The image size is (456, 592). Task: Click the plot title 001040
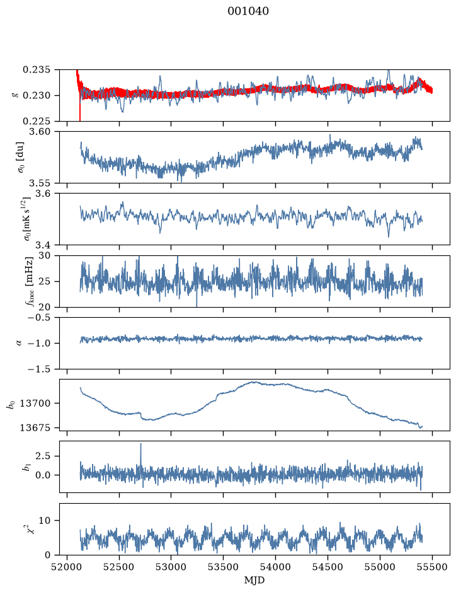[x=248, y=11]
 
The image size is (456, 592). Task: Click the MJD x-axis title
[x=254, y=580]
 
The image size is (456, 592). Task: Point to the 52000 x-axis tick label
[x=67, y=567]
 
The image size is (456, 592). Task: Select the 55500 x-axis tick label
[x=432, y=567]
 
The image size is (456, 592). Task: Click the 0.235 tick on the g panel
[x=36, y=70]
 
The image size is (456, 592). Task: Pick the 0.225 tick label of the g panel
[x=36, y=121]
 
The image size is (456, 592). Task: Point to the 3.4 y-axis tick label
[x=43, y=245]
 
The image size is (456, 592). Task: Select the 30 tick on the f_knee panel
[x=45, y=255]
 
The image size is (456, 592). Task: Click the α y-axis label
[x=20, y=343]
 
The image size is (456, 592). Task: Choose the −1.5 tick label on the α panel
[x=39, y=369]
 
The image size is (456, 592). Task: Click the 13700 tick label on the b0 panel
[x=35, y=403]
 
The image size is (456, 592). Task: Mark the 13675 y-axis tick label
[x=35, y=427]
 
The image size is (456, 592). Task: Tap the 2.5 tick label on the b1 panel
[x=43, y=456]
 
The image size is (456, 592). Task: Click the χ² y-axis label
[x=33, y=526]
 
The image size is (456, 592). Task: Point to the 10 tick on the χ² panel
[x=45, y=520]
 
